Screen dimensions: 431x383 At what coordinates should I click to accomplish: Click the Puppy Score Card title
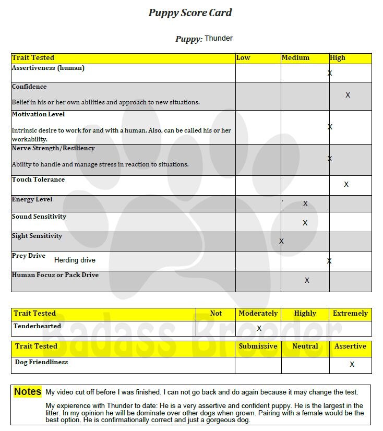190,13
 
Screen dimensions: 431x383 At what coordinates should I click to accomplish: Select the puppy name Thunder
219,38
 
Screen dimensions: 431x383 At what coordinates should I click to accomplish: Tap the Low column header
243,57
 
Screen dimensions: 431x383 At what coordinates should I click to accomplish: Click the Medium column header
295,57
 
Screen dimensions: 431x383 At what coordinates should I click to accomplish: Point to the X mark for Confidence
348,95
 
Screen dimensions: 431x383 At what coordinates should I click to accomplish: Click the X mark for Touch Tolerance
346,184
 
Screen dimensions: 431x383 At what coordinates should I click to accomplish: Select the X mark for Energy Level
305,203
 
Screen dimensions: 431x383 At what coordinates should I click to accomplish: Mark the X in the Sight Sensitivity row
282,241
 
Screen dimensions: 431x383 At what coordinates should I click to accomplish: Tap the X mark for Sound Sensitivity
305,223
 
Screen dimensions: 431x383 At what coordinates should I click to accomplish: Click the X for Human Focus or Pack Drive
307,280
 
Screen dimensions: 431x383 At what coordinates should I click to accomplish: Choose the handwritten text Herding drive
75,260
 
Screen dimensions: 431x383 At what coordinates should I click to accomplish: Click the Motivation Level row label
38,114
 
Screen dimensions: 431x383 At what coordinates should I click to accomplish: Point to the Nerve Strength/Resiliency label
53,148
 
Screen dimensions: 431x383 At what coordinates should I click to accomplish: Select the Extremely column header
350,314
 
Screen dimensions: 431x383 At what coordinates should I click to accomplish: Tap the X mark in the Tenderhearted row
259,328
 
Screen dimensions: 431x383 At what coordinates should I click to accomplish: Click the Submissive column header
258,346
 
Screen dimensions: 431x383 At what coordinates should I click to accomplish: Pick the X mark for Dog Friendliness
352,364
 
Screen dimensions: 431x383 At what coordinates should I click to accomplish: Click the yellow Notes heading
28,391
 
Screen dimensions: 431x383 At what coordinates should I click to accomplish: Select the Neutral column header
305,346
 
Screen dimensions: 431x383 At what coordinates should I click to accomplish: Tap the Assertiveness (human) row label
48,68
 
